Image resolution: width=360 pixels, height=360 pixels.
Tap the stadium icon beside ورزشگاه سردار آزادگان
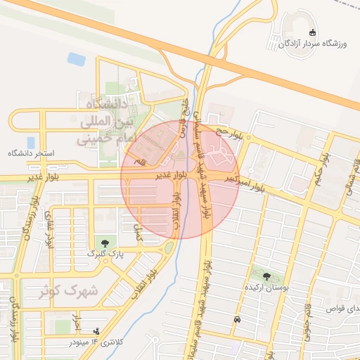point(313,32)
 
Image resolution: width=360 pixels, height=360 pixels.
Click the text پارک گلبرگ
point(106,253)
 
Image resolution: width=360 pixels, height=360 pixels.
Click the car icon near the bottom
point(236,320)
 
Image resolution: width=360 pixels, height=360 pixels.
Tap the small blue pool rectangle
point(76,59)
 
